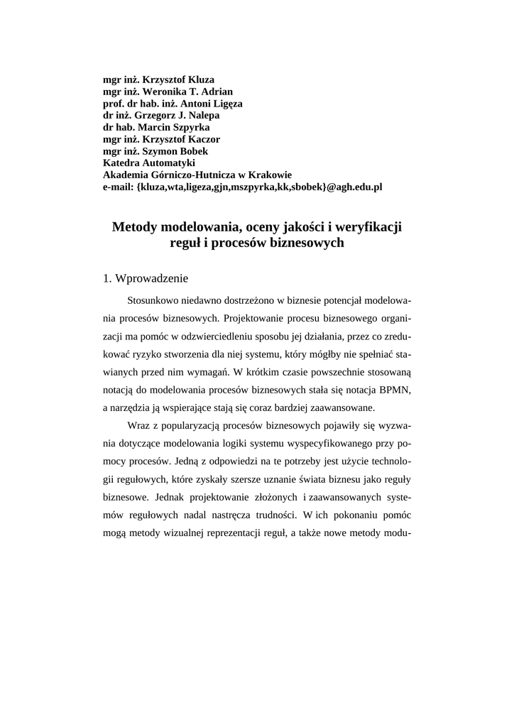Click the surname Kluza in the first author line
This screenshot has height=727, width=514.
[x=200, y=80]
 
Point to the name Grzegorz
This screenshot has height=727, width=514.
[x=156, y=116]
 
